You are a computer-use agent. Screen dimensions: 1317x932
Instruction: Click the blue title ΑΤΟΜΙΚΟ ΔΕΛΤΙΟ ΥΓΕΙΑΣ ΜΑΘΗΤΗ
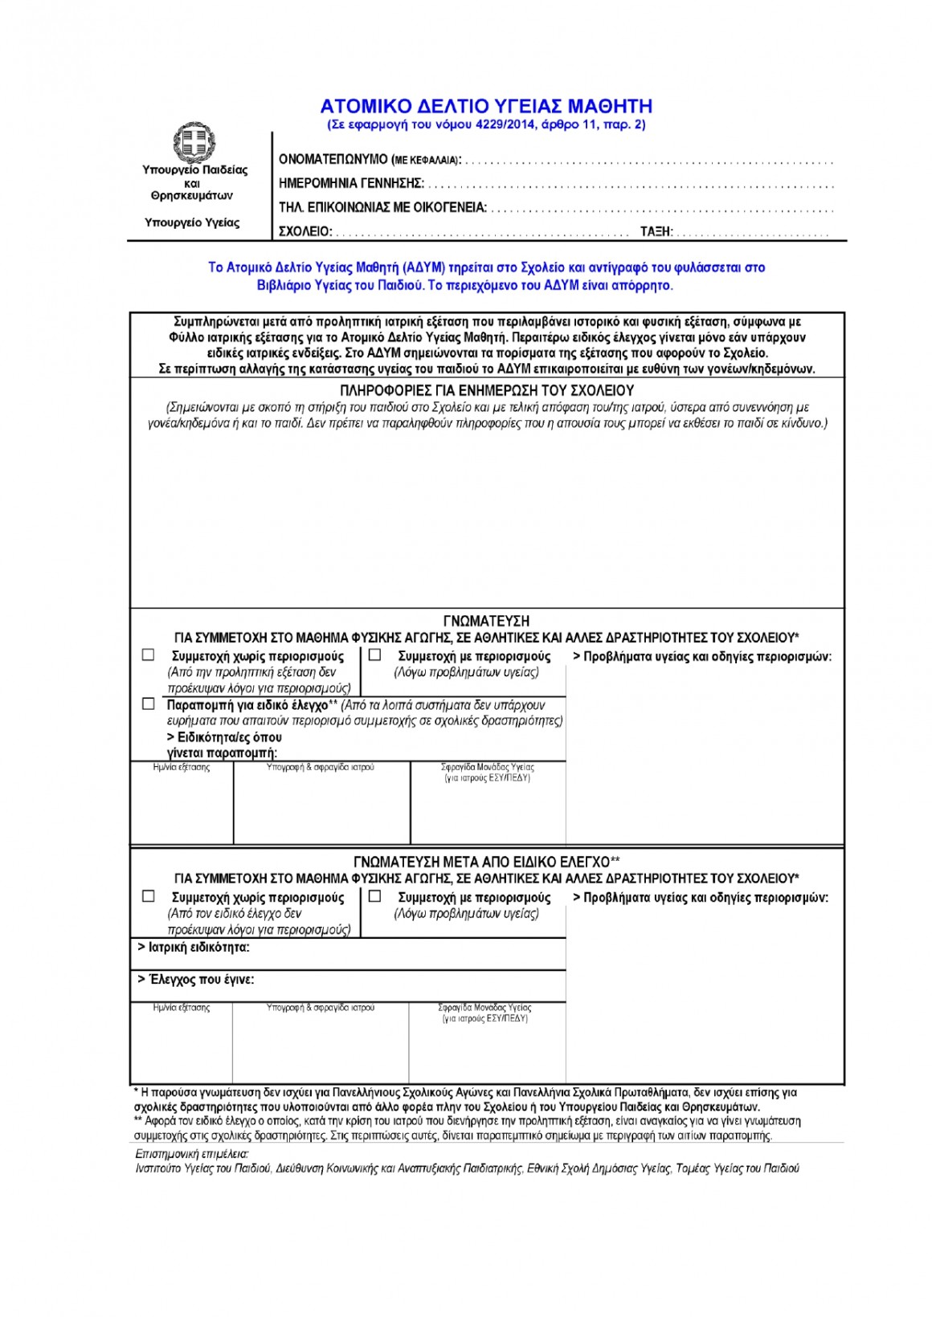click(486, 106)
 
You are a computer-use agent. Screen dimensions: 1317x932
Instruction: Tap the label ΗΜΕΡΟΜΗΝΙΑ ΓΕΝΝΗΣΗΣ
click(351, 184)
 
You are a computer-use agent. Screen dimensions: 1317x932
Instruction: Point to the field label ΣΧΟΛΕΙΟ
click(305, 232)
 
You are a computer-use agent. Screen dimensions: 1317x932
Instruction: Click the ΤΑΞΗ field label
click(656, 232)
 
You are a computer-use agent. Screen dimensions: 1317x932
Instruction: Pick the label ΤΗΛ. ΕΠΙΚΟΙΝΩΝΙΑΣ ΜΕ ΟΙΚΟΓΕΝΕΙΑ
click(382, 208)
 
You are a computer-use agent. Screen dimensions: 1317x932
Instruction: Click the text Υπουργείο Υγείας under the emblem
click(192, 222)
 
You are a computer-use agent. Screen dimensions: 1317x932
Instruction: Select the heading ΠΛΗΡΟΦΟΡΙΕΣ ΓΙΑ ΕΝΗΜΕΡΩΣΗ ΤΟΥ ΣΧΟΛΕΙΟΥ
click(487, 390)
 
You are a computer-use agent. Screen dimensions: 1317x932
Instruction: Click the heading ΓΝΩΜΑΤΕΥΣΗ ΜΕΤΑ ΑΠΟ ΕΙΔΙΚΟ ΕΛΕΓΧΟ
click(486, 862)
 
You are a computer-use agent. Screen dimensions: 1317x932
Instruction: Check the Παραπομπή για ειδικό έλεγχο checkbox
click(148, 704)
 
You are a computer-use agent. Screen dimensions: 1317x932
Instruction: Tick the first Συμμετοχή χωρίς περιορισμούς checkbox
click(148, 655)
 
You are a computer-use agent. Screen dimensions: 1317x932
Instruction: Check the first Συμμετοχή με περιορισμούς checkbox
click(374, 655)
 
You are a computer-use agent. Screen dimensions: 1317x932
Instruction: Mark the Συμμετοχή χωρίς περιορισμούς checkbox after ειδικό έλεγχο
click(148, 896)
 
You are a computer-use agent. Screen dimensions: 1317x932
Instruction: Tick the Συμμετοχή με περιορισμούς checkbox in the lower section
click(374, 896)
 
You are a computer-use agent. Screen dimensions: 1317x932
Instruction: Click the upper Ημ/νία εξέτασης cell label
click(182, 768)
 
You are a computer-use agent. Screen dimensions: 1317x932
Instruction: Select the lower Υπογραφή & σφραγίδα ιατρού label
click(321, 1007)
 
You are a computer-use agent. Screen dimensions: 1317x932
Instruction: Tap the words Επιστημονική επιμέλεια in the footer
click(192, 1154)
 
